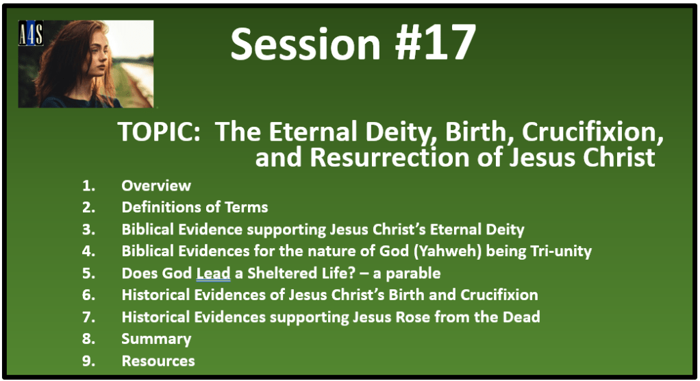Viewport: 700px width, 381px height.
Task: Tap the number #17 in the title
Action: tap(435, 43)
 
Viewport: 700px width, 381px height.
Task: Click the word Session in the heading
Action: tap(305, 43)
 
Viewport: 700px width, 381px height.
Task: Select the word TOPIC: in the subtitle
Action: tap(159, 132)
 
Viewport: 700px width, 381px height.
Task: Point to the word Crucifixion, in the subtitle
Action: tap(592, 133)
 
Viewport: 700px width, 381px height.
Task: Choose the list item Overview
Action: tap(156, 186)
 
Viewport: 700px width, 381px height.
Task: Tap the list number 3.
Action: tap(88, 230)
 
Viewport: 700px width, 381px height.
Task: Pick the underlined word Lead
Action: tap(214, 273)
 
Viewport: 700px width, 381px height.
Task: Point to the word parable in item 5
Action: tap(413, 274)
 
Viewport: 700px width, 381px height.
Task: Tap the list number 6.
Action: tap(88, 295)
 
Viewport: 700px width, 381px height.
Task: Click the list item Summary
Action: tap(156, 339)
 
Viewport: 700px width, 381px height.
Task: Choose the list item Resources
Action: tap(158, 361)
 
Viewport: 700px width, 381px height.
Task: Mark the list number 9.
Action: tap(88, 361)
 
